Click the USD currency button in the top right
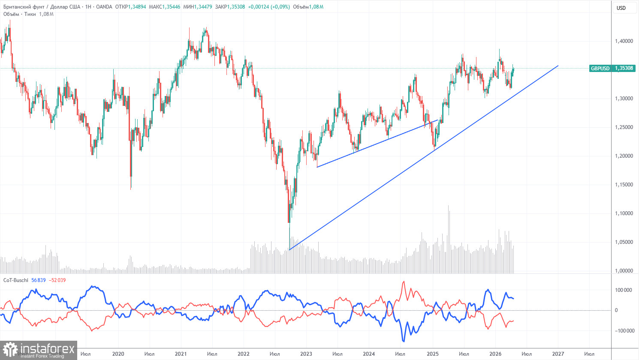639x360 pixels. point(621,8)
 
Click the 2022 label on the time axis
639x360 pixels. point(243,354)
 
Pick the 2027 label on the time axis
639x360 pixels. point(558,354)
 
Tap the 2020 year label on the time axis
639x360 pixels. point(118,354)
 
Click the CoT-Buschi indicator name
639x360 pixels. point(15,280)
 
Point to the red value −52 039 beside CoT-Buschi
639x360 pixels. point(57,280)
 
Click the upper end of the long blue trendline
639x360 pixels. point(558,66)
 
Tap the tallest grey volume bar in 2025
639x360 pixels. point(449,206)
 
